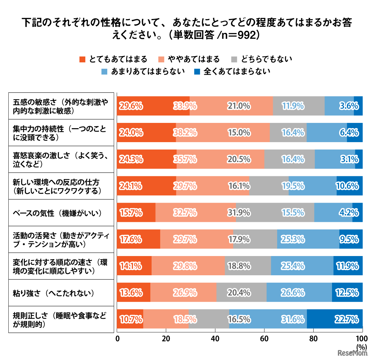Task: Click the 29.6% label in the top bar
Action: [x=131, y=106]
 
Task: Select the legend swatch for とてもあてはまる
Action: [x=82, y=59]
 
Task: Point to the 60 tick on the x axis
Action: [x=264, y=339]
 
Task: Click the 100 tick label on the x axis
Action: [x=361, y=339]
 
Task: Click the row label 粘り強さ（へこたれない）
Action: [x=53, y=293]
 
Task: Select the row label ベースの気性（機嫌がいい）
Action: [x=57, y=213]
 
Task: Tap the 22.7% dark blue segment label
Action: [x=347, y=319]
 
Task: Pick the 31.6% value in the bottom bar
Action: [x=293, y=319]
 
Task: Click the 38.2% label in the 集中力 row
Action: [x=185, y=133]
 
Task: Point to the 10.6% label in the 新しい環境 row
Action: [x=348, y=186]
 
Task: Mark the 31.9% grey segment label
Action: [x=239, y=213]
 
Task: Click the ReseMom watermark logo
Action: [x=352, y=353]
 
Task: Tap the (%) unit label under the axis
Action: [x=361, y=347]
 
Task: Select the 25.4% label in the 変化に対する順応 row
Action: [x=293, y=266]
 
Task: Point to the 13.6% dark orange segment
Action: [x=131, y=293]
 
